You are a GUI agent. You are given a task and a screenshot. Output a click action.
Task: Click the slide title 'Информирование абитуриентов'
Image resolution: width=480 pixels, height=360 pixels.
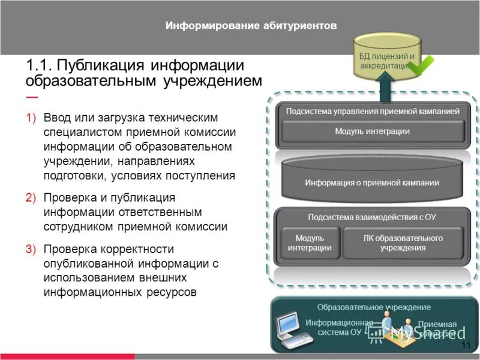pyautogui.click(x=251, y=26)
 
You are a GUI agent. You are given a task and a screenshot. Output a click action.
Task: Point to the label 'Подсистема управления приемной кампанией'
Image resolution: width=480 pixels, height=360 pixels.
pyautogui.click(x=373, y=111)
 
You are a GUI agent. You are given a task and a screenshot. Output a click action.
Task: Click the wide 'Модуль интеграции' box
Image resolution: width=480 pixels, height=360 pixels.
pyautogui.click(x=373, y=131)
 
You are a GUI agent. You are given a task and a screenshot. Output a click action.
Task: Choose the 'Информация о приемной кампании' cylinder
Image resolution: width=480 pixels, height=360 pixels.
pyautogui.click(x=372, y=182)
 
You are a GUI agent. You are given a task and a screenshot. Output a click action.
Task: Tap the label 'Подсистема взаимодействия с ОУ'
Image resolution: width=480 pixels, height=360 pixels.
pyautogui.click(x=372, y=217)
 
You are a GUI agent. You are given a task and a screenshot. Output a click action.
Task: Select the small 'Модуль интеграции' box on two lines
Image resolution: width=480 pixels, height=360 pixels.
pyautogui.click(x=309, y=242)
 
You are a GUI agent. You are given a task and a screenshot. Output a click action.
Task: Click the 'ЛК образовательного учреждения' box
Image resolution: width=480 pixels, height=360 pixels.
pyautogui.click(x=403, y=242)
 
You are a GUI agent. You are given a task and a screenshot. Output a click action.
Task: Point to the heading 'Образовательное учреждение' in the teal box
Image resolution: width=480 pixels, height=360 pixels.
pyautogui.click(x=374, y=307)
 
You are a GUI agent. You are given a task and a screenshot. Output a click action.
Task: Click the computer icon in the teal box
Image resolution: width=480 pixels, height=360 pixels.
pyautogui.click(x=292, y=331)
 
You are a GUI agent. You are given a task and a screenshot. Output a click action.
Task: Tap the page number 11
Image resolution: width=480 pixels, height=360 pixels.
pyautogui.click(x=466, y=346)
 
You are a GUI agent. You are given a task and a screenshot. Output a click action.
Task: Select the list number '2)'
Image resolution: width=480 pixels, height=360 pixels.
pyautogui.click(x=31, y=198)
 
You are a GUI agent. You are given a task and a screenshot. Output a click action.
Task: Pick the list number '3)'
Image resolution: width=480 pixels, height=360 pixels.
pyautogui.click(x=31, y=249)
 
